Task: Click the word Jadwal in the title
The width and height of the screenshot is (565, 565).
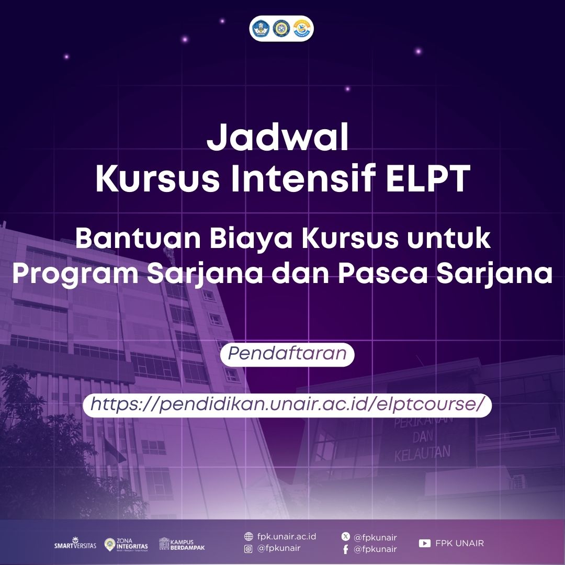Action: point(278,137)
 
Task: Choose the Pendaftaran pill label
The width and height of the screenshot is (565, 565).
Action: point(287,354)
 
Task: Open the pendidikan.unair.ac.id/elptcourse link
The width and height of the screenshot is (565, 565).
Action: point(287,404)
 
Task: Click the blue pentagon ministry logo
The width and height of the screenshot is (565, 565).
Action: point(261,28)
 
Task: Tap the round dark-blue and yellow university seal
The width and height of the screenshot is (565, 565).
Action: point(281,28)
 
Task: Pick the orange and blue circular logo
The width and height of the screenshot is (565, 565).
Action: point(302,28)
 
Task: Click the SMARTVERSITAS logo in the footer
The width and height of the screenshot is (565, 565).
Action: point(75,544)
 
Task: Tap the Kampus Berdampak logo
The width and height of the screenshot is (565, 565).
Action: point(182,544)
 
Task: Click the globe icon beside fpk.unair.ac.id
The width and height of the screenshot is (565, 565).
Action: point(248,537)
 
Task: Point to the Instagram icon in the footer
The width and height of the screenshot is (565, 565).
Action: point(248,549)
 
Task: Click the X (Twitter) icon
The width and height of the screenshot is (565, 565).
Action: point(346,537)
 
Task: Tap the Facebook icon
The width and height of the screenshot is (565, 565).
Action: point(346,549)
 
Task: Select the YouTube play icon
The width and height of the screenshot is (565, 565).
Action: point(425,543)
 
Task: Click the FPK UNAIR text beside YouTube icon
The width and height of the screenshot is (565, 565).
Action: point(459,543)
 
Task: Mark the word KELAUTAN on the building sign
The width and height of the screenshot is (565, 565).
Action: point(422,453)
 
